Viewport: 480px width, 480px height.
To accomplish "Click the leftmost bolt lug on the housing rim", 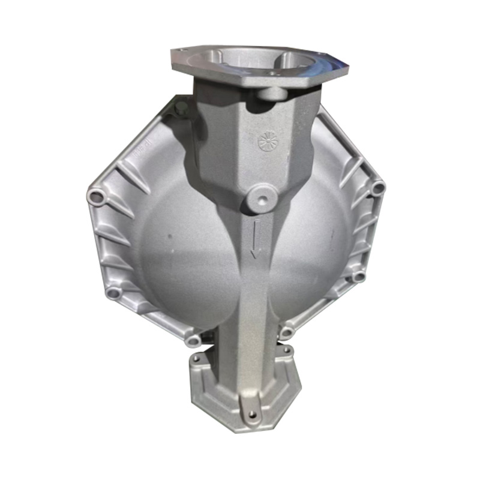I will pyautogui.click(x=94, y=196).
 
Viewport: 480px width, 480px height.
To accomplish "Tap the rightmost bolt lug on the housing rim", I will pyautogui.click(x=377, y=188).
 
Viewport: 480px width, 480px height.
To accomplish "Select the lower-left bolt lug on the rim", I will pyautogui.click(x=113, y=293).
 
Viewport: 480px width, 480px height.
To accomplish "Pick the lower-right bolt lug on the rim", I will pyautogui.click(x=359, y=277).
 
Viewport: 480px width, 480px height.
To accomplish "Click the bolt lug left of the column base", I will pyautogui.click(x=193, y=340).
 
